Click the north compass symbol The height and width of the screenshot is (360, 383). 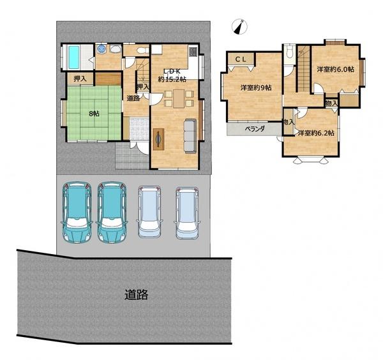pos(239,27)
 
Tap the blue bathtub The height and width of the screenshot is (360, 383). pos(74,57)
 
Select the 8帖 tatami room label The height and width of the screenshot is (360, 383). pos(94,114)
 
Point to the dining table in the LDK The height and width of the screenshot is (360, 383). pos(179,98)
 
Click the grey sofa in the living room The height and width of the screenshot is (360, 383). pos(190,136)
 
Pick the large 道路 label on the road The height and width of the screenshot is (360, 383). pos(137,294)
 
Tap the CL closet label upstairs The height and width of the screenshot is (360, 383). pos(241,59)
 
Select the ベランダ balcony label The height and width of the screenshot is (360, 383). pos(255,129)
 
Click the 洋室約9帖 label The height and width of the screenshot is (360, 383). pos(256,87)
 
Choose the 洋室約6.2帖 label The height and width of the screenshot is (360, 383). pos(316,133)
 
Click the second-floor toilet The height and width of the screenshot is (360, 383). pos(290,52)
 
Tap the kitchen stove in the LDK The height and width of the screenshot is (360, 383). pos(193,51)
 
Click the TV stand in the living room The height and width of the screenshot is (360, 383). pos(158,139)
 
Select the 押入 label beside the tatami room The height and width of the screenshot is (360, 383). pos(80,79)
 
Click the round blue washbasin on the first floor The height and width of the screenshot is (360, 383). pos(101,49)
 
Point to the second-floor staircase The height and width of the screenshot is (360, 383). pos(304,69)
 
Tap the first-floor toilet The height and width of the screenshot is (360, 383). pos(142,50)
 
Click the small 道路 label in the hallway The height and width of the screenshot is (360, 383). pos(133,98)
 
